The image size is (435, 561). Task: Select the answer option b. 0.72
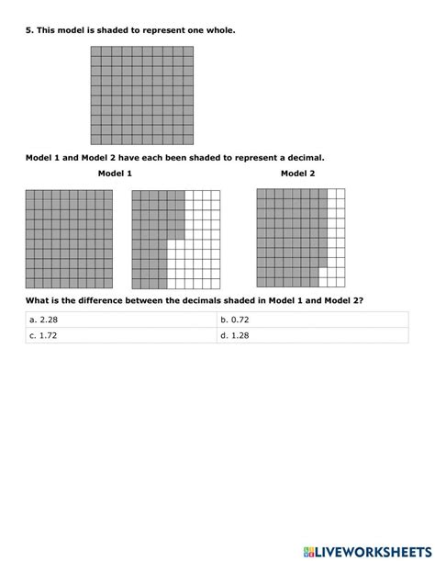[235, 320]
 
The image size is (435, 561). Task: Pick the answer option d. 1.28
[235, 336]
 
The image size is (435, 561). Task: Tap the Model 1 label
[116, 174]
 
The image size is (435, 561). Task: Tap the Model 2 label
[298, 174]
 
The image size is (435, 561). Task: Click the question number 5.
[28, 30]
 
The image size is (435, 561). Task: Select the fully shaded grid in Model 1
[69, 239]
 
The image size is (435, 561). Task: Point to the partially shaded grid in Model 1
[176, 239]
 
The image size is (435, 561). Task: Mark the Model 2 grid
[301, 237]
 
